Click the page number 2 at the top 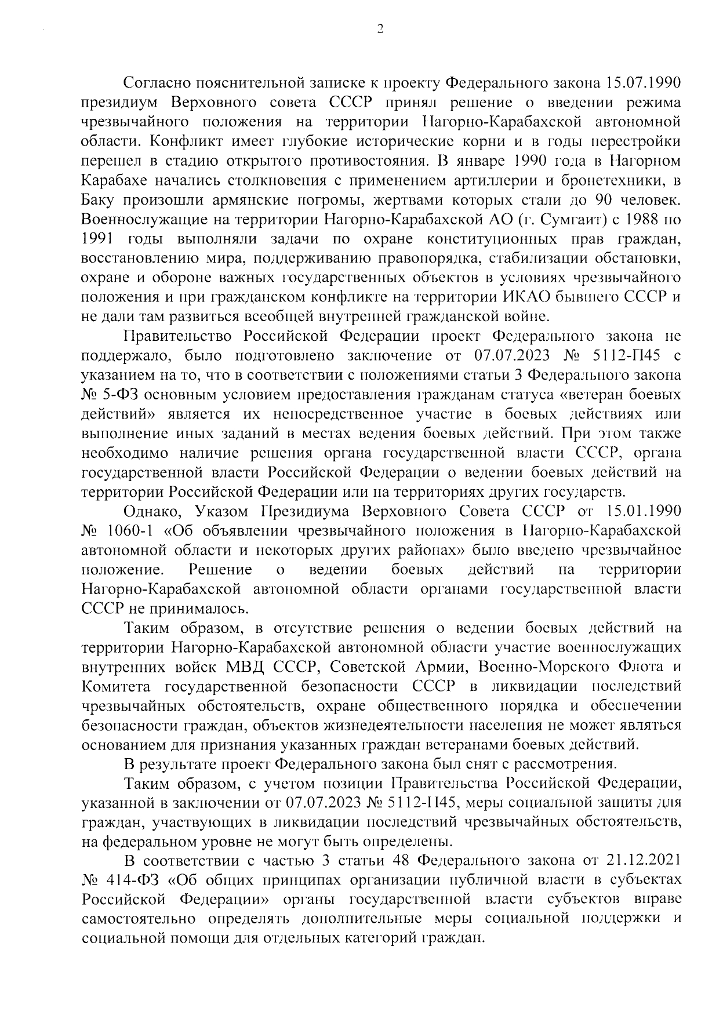(x=380, y=29)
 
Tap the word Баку (x=98, y=201)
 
